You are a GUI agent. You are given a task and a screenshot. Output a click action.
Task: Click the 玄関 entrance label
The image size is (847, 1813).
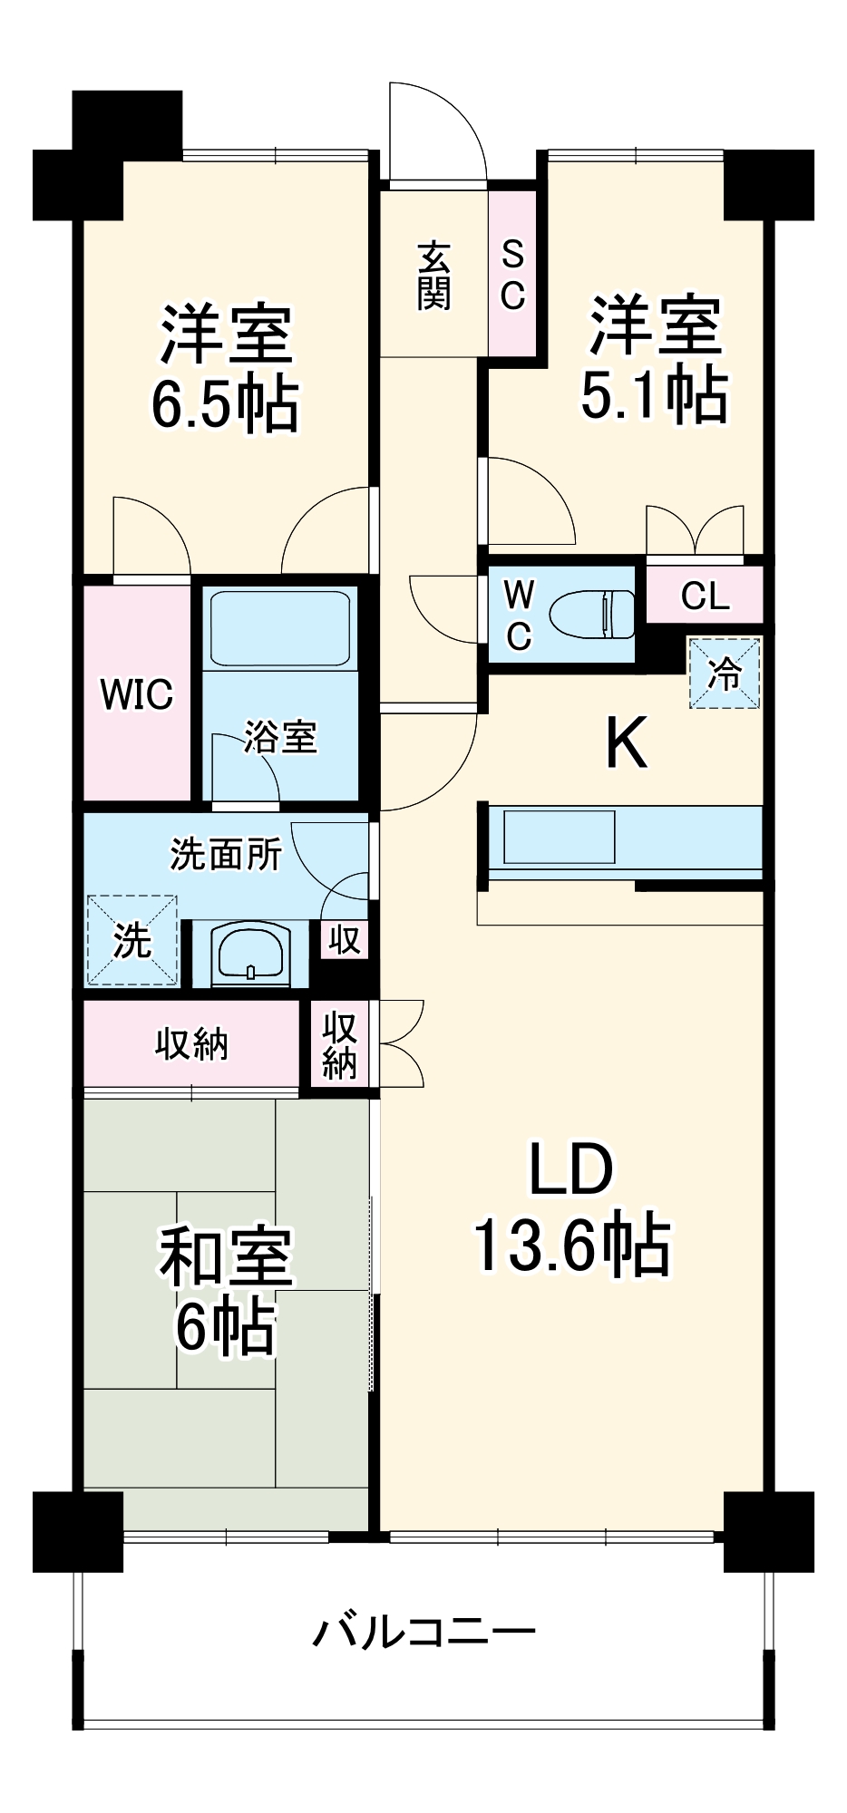click(433, 276)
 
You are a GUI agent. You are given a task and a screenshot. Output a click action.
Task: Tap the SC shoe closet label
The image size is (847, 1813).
click(512, 276)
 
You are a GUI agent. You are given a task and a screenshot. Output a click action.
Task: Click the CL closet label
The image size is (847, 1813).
click(705, 596)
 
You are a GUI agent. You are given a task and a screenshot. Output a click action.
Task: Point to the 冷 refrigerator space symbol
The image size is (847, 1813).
click(724, 674)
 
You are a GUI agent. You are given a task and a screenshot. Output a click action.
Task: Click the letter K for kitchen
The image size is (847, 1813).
click(626, 743)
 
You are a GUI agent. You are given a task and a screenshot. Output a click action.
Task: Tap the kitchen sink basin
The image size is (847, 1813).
click(559, 837)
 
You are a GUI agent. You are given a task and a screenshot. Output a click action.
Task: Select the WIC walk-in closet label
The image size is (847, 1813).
click(137, 695)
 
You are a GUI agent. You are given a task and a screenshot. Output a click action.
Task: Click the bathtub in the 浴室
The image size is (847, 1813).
click(279, 628)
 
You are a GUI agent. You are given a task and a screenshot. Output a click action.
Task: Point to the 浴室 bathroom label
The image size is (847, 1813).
click(280, 737)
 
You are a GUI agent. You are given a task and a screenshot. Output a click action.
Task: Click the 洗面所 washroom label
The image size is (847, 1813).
click(226, 854)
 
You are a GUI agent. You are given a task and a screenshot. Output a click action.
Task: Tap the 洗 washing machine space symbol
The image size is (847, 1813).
click(132, 941)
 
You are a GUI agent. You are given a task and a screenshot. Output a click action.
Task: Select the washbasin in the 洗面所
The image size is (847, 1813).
click(250, 955)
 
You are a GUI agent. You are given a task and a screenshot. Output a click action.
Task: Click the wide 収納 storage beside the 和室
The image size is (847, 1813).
click(191, 1044)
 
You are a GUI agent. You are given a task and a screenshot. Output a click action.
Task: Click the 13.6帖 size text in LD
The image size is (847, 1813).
click(571, 1245)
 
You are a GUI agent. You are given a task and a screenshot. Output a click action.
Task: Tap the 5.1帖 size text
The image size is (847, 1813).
click(653, 394)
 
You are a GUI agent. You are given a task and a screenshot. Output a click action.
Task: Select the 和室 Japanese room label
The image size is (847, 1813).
click(226, 1257)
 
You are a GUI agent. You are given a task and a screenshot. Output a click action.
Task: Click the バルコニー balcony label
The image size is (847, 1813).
click(423, 1633)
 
